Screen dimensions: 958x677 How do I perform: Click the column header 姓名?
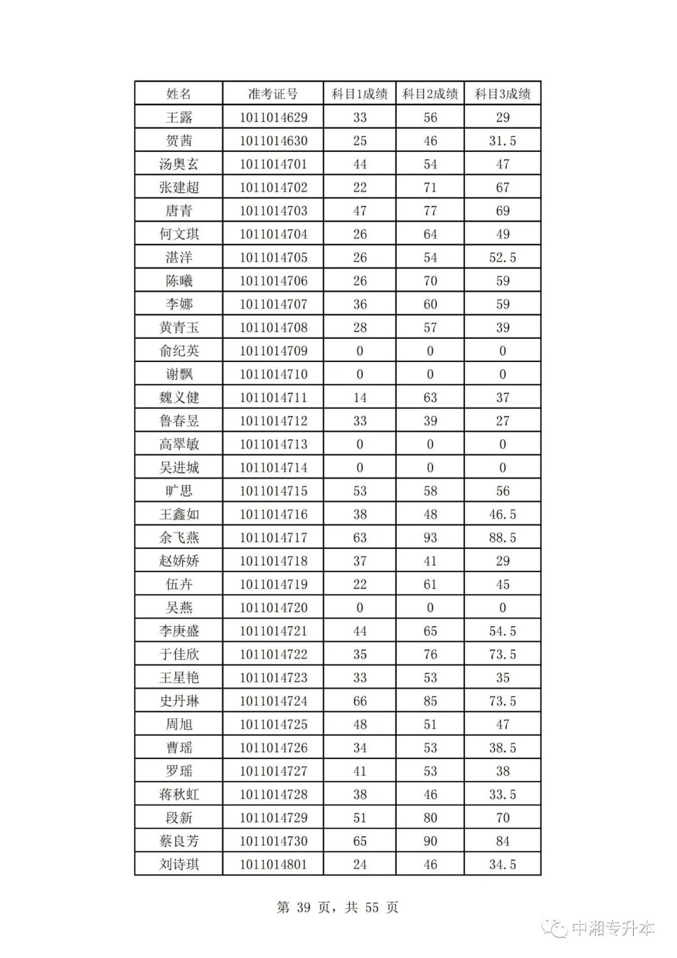click(x=179, y=94)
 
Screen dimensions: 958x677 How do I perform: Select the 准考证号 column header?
click(x=273, y=94)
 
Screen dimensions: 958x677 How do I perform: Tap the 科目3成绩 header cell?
click(x=502, y=94)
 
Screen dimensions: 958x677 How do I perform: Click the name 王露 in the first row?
click(x=179, y=117)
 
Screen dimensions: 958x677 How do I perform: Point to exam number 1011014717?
click(x=273, y=538)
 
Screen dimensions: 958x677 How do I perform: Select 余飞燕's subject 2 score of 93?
click(x=430, y=538)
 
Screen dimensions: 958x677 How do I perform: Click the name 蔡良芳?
click(x=179, y=841)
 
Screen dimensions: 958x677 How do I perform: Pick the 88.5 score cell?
click(x=502, y=538)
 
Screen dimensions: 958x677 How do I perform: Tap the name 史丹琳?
click(x=179, y=701)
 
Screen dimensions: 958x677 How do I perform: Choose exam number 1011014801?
click(x=273, y=865)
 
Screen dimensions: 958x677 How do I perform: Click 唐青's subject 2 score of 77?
click(x=430, y=211)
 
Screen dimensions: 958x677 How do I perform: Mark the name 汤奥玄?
click(x=179, y=164)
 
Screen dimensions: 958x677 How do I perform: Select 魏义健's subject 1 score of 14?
click(x=360, y=398)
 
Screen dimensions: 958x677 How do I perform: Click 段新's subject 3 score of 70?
click(x=502, y=818)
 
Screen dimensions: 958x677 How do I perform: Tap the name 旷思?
click(x=179, y=491)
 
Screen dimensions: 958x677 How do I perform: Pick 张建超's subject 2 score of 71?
click(x=430, y=188)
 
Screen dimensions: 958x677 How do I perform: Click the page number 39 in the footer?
click(x=303, y=908)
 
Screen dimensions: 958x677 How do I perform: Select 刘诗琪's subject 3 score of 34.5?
click(x=502, y=865)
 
